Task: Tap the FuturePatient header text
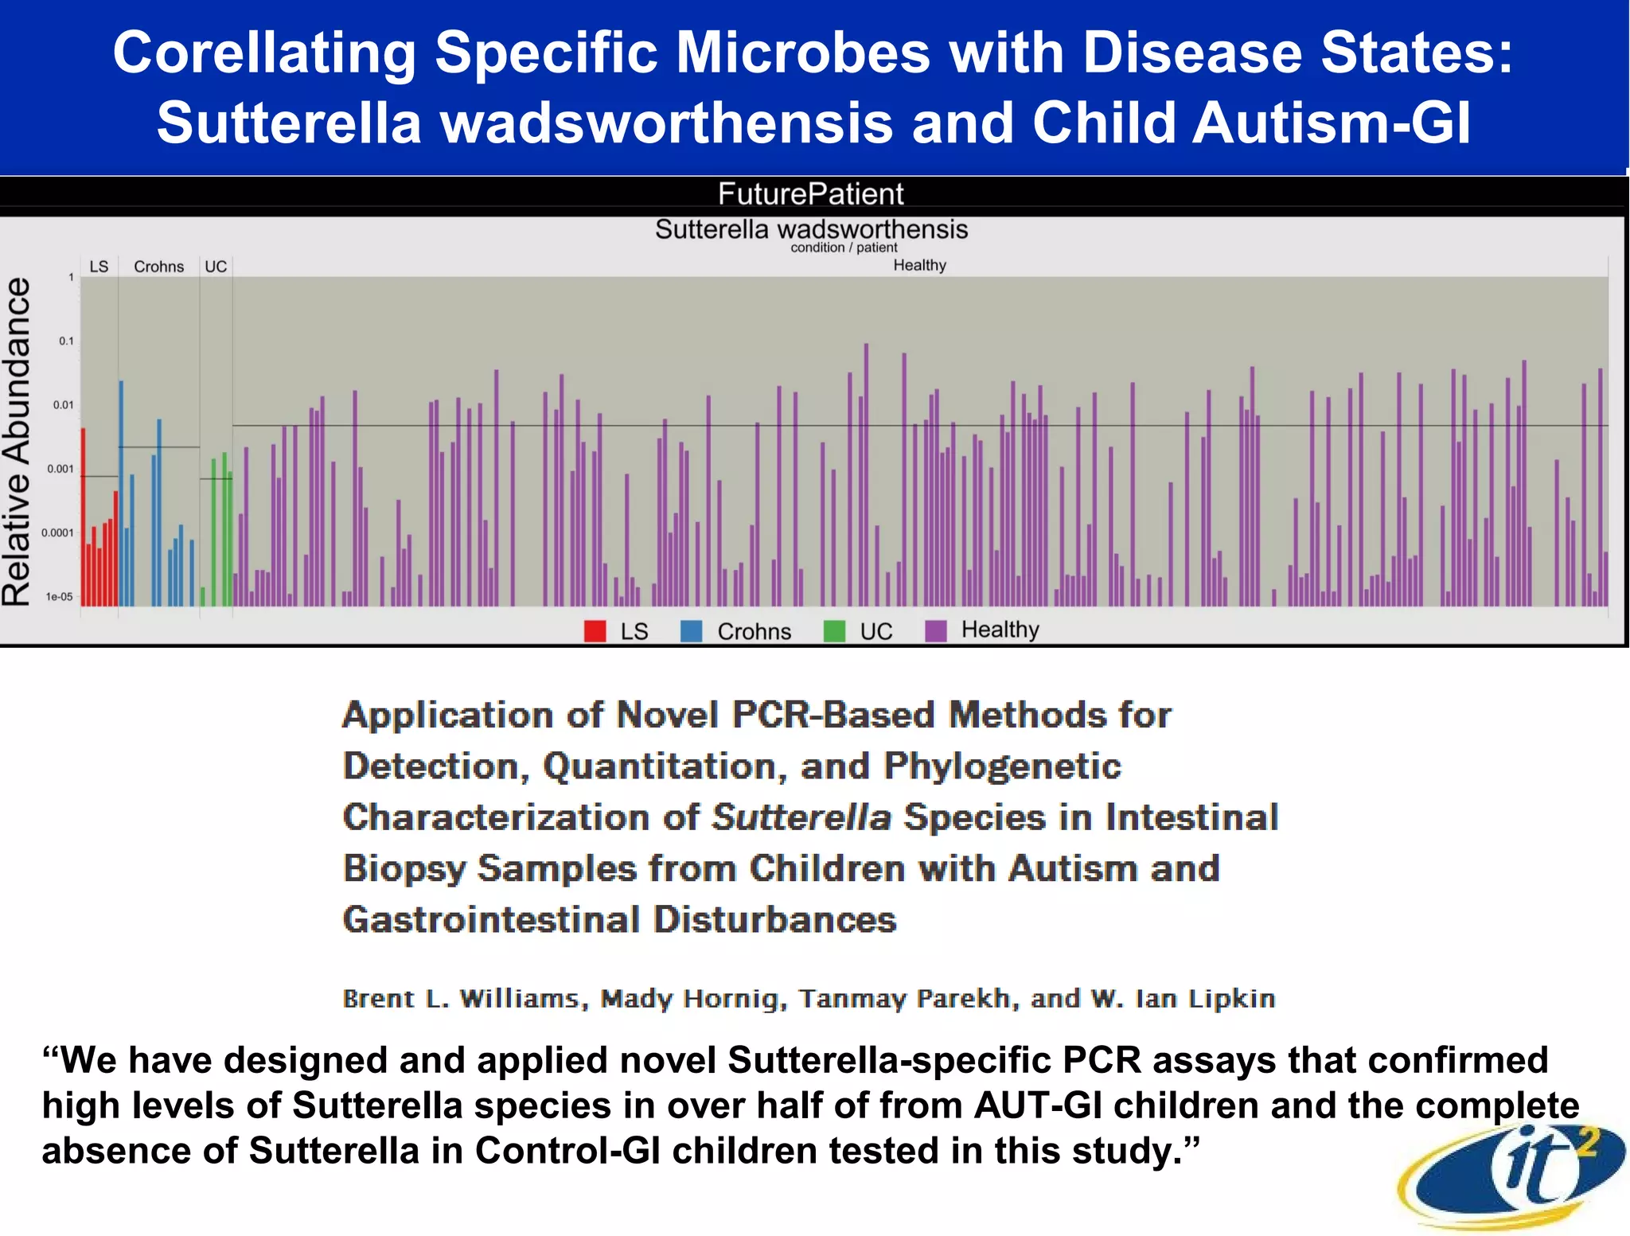pos(810,193)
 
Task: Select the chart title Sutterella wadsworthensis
pos(811,229)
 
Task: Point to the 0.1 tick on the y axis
pos(66,341)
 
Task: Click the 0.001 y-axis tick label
pos(60,469)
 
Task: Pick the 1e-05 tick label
pos(59,597)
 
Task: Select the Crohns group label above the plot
pos(158,267)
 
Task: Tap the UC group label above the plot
pos(216,267)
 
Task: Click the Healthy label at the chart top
pos(919,265)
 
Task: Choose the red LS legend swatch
pos(595,631)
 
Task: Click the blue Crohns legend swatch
pos(692,631)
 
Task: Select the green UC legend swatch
pos(834,631)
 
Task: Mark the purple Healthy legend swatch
pos(936,630)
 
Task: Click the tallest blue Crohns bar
pos(122,493)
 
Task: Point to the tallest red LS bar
pos(83,517)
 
